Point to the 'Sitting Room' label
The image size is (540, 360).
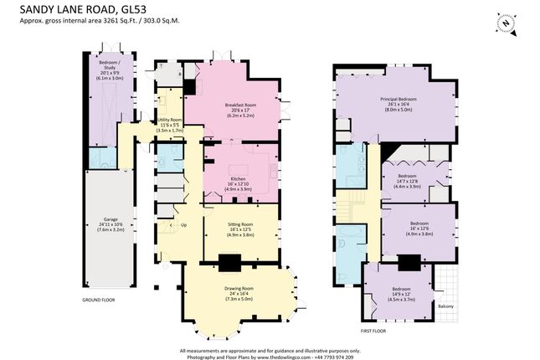click(x=241, y=225)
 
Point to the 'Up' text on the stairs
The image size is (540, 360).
click(x=184, y=225)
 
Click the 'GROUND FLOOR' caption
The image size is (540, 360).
click(x=100, y=299)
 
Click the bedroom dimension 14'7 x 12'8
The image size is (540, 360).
click(x=406, y=182)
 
